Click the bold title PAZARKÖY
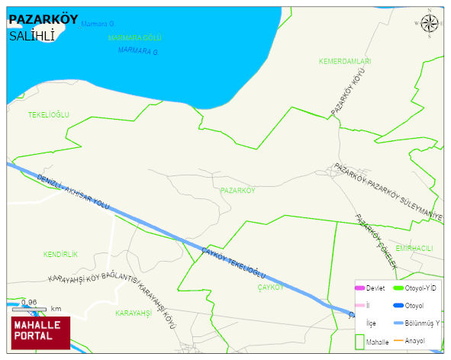click(43, 20)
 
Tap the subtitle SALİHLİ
click(31, 36)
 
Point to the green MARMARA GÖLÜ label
click(135, 37)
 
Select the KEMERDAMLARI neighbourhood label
click(345, 60)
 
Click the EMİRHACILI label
click(414, 249)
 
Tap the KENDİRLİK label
click(61, 253)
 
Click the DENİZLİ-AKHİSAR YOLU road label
click(72, 193)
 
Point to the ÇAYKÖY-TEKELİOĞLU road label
click(233, 262)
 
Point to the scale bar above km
click(29, 309)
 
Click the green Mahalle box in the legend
click(359, 342)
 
